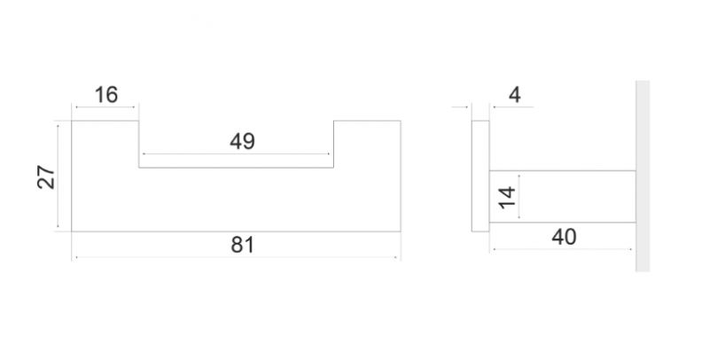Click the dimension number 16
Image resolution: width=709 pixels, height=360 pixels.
pyautogui.click(x=106, y=95)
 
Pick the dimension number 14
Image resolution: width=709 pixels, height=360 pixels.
pyautogui.click(x=506, y=197)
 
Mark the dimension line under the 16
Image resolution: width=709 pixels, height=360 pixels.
pyautogui.click(x=106, y=108)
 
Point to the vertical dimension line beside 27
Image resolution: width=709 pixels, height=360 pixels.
pyautogui.click(x=58, y=176)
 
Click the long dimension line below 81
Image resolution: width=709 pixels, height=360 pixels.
pyautogui.click(x=236, y=258)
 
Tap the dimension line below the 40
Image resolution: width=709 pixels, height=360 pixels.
pyautogui.click(x=562, y=249)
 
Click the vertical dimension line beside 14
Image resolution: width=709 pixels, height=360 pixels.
pyautogui.click(x=520, y=197)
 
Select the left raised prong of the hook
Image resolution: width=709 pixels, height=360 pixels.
pyautogui.click(x=105, y=142)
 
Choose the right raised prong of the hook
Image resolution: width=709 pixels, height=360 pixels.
pyautogui.click(x=367, y=142)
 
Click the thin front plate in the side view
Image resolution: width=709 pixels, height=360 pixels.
pyautogui.click(x=479, y=176)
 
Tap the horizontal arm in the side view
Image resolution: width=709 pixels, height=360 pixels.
pyautogui.click(x=562, y=196)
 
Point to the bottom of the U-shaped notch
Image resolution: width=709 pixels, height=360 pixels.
pyautogui.click(x=237, y=167)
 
